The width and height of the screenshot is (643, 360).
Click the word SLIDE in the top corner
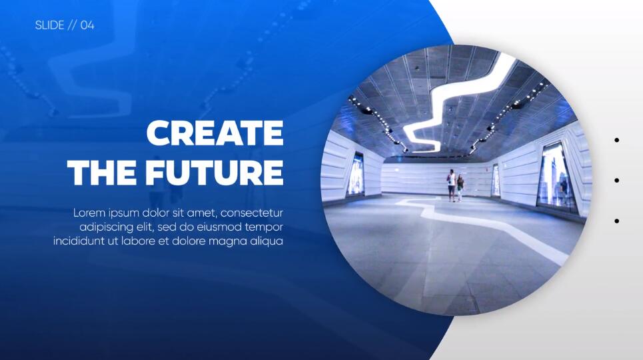pyautogui.click(x=49, y=25)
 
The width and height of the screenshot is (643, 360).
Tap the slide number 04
pyautogui.click(x=87, y=25)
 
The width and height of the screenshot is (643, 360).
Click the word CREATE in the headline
pyautogui.click(x=215, y=133)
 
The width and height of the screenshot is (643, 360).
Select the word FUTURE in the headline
pyautogui.click(x=215, y=172)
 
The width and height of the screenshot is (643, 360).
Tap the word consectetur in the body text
pyautogui.click(x=252, y=213)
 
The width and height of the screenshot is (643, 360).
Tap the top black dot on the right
pyautogui.click(x=617, y=141)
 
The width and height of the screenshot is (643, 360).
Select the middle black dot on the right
pyautogui.click(x=617, y=181)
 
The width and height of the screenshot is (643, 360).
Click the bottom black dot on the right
pyautogui.click(x=617, y=221)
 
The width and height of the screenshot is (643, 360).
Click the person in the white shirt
pyautogui.click(x=452, y=185)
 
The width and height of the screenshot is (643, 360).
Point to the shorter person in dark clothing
pyautogui.click(x=460, y=188)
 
